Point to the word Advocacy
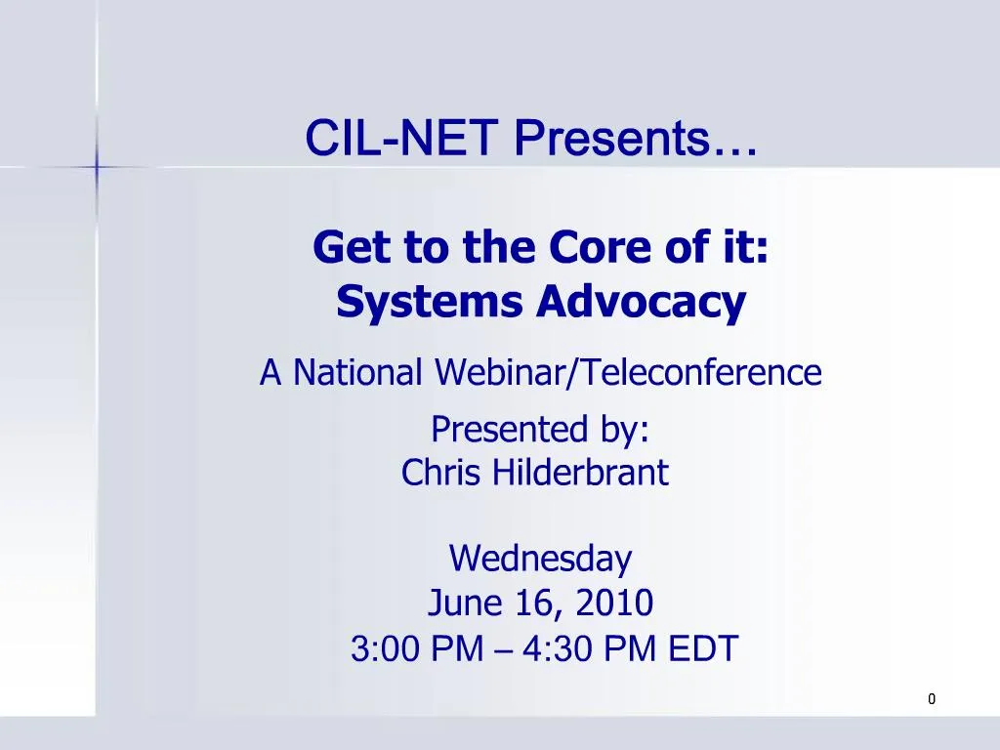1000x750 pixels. [x=641, y=303]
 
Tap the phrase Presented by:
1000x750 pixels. [x=541, y=428]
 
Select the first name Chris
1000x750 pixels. [x=441, y=474]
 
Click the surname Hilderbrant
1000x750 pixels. [x=579, y=474]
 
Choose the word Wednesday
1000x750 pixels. [x=540, y=559]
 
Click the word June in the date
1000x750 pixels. [x=464, y=604]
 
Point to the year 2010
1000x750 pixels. [x=613, y=604]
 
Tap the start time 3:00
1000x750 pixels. [x=375, y=648]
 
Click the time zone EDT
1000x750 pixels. [x=703, y=648]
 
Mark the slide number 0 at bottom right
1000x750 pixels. [x=932, y=698]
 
